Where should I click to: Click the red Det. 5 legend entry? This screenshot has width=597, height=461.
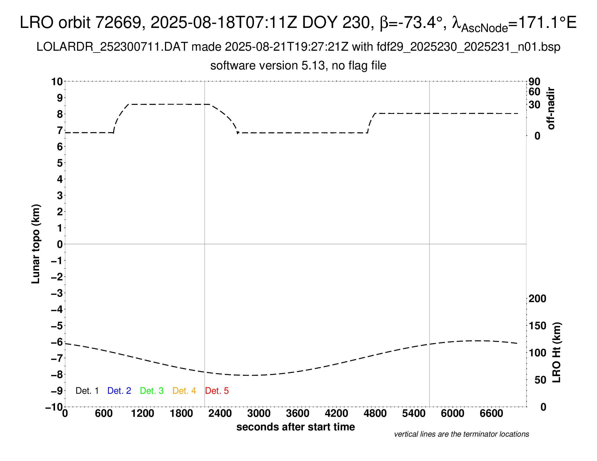(x=217, y=391)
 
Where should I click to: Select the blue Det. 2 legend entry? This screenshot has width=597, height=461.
(x=119, y=391)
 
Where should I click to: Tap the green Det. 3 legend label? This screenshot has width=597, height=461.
(x=152, y=391)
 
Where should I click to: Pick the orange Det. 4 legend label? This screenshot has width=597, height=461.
(x=184, y=391)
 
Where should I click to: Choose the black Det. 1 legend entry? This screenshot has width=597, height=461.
(x=87, y=391)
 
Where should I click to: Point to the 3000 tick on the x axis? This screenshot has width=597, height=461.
(x=259, y=414)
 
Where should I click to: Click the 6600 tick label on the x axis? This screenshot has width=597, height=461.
(x=491, y=414)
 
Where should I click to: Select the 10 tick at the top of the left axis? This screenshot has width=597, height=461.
(x=57, y=82)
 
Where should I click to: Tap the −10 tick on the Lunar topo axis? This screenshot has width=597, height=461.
(x=54, y=407)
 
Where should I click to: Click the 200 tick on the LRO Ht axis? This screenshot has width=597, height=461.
(x=537, y=299)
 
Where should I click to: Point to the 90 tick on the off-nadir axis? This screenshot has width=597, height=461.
(x=534, y=82)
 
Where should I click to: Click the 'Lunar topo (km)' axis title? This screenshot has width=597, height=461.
(x=36, y=244)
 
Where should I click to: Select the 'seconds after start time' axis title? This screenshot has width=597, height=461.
(x=296, y=427)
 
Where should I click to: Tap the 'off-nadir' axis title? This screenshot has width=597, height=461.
(x=551, y=108)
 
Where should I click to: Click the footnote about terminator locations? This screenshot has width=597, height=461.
(x=461, y=434)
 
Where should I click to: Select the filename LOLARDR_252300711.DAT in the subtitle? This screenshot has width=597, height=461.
(x=112, y=47)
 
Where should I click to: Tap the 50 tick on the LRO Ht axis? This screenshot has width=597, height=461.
(x=540, y=380)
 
